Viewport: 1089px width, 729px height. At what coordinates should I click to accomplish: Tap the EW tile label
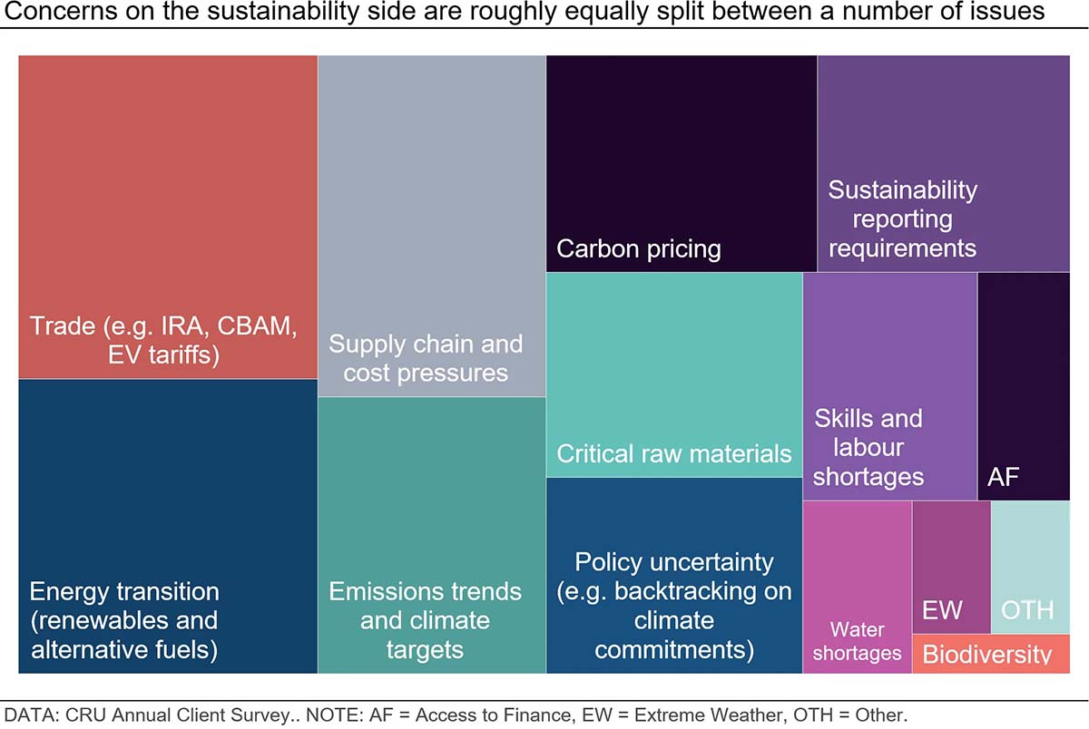tap(942, 609)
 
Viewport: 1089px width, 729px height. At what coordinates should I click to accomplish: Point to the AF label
tap(1005, 478)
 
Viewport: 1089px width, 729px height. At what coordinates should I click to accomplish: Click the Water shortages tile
tap(857, 641)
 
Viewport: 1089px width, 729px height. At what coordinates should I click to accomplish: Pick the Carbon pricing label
tap(639, 249)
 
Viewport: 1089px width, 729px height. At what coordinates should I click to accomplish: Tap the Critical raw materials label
tap(674, 453)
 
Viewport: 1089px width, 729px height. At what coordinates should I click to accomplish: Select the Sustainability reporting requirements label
tap(902, 219)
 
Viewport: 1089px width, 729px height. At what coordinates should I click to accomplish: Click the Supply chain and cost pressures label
tap(426, 358)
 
